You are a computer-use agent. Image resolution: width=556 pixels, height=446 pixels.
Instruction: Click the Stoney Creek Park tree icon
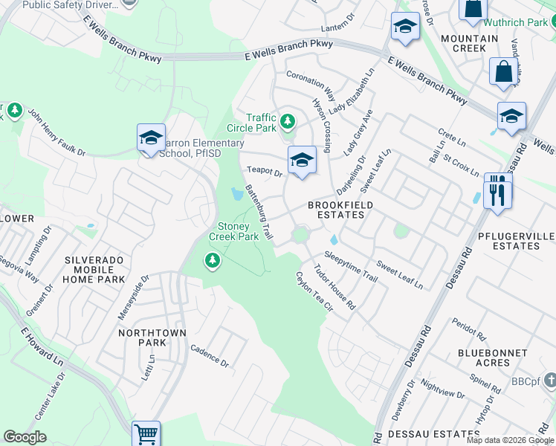tap(213, 260)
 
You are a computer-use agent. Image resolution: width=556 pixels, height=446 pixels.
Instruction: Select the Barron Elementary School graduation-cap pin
tap(150, 138)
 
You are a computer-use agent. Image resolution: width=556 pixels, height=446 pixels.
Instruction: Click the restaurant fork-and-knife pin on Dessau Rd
tap(497, 194)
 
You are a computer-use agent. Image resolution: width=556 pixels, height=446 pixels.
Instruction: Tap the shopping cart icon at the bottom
tap(146, 434)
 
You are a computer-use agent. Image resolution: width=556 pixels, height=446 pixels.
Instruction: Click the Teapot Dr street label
tap(265, 172)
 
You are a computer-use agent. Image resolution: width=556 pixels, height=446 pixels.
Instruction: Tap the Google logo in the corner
tap(25, 437)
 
